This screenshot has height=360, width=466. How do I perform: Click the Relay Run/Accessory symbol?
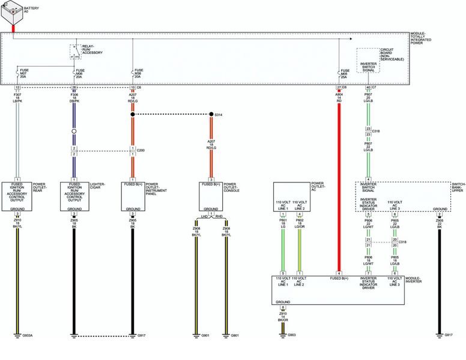(74, 52)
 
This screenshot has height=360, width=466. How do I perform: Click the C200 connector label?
(141, 150)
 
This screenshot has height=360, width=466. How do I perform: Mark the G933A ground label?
(27, 335)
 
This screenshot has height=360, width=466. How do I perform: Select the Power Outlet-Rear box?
(17, 196)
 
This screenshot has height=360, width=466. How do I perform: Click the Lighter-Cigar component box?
(74, 196)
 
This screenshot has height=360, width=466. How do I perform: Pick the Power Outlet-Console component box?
(211, 196)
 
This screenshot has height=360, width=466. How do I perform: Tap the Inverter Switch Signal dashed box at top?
(368, 60)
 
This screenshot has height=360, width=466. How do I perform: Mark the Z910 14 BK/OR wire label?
(283, 316)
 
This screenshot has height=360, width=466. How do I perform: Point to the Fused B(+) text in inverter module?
(339, 278)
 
